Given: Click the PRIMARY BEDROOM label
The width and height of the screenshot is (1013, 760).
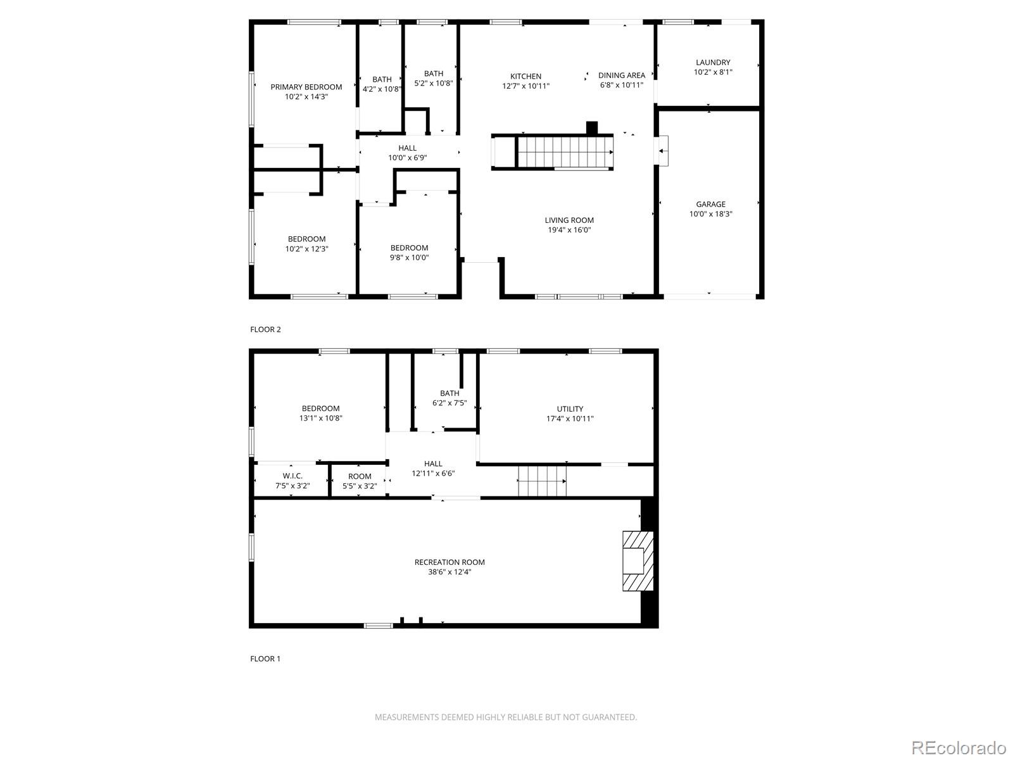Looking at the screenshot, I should pyautogui.click(x=306, y=87).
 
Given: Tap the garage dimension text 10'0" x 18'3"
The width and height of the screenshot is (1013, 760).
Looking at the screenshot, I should pyautogui.click(x=711, y=214).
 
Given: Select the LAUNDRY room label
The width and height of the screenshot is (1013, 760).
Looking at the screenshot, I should pyautogui.click(x=713, y=63).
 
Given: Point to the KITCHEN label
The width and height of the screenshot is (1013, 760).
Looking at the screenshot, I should pyautogui.click(x=525, y=77).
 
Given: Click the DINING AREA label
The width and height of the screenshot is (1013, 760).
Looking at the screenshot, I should pyautogui.click(x=621, y=75).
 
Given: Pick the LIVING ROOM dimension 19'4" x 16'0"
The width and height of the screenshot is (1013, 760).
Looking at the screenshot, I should pyautogui.click(x=569, y=231).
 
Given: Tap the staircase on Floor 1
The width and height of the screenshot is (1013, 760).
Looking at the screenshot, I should pyautogui.click(x=541, y=481).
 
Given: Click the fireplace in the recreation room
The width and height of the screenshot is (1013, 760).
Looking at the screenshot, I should pyautogui.click(x=637, y=561).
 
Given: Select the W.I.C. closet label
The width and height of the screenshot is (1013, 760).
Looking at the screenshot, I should pyautogui.click(x=293, y=476).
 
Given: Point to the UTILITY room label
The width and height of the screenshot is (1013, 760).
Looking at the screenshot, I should pyautogui.click(x=570, y=409).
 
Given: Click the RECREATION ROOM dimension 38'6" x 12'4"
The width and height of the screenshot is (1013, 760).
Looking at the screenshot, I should pyautogui.click(x=450, y=572).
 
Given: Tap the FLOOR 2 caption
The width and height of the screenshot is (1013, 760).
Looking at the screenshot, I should pyautogui.click(x=265, y=329).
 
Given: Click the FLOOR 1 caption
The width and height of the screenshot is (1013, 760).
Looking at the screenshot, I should pyautogui.click(x=265, y=659).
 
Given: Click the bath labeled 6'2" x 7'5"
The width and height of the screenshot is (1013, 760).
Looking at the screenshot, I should pyautogui.click(x=450, y=398).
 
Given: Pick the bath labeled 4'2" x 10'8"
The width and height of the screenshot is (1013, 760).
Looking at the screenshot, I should pyautogui.click(x=382, y=84).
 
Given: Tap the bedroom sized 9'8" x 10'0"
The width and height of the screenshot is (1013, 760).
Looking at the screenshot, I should pyautogui.click(x=409, y=253).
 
